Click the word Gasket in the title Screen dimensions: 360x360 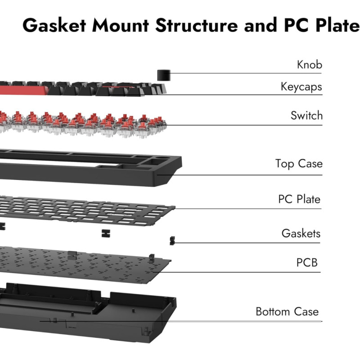point(54,26)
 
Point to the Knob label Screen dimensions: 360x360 point(310,65)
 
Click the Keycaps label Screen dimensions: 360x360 point(301,86)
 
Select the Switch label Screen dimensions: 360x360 point(306,116)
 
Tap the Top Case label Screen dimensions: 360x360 point(299,163)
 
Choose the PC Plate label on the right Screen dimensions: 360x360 point(299,199)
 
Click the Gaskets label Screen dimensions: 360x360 point(301,234)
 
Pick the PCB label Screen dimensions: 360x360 point(307,262)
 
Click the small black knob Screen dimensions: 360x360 point(163,75)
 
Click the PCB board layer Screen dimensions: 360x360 point(90,265)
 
